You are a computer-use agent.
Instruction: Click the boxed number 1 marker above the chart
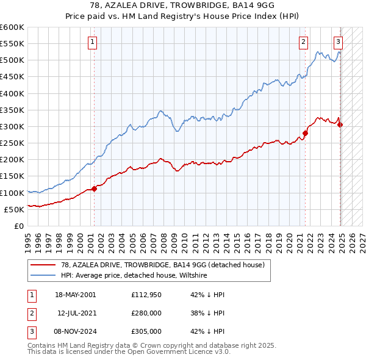(x=92, y=42)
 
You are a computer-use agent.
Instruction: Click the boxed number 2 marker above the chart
(x=303, y=42)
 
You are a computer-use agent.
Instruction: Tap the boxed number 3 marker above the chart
(x=338, y=42)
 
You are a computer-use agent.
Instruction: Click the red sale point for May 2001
(x=95, y=189)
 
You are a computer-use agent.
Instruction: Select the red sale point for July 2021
(x=306, y=133)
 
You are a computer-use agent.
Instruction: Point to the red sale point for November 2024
(x=340, y=124)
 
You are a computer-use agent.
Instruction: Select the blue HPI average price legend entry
(x=134, y=275)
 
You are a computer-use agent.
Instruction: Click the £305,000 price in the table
(x=146, y=331)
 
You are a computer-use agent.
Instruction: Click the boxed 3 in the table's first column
(x=30, y=331)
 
